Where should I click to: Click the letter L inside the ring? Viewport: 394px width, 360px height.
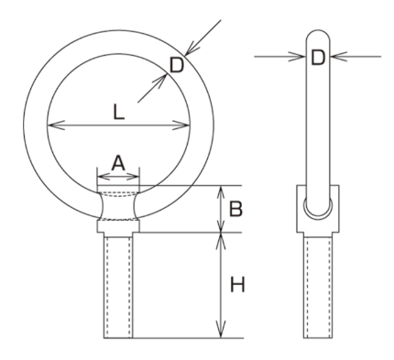click(118, 112)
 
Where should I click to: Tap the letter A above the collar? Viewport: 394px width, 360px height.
click(118, 163)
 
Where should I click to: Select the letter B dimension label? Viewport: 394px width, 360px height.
click(236, 209)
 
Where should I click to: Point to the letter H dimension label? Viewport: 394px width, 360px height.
click(237, 285)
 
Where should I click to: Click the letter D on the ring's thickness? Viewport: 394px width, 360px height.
click(177, 65)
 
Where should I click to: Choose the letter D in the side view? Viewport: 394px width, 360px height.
click(318, 58)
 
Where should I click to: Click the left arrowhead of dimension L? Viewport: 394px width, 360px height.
click(56, 125)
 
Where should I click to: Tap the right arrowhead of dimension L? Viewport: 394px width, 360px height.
click(181, 125)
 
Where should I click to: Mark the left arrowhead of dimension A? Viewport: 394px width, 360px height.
click(103, 177)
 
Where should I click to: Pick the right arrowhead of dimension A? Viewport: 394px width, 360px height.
click(133, 177)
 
